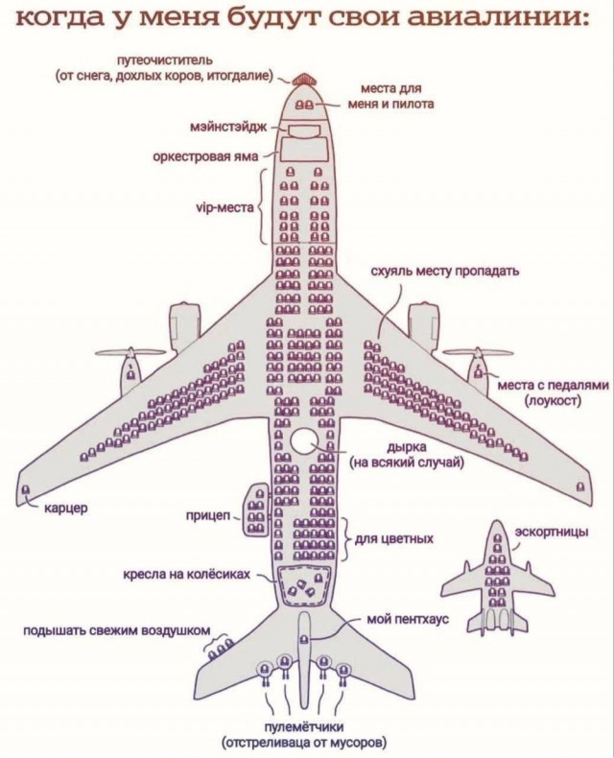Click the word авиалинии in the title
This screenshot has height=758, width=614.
coord(499,18)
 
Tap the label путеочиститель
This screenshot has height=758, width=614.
coord(165,59)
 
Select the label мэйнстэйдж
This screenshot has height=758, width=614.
coord(228,128)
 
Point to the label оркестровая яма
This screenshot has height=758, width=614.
coord(205,156)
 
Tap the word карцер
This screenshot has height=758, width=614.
coord(66,509)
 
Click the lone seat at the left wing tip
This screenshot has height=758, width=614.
coord(26,489)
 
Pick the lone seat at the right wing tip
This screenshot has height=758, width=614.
coord(580,486)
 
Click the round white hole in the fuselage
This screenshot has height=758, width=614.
coord(303,440)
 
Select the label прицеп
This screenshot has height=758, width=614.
coord(209,516)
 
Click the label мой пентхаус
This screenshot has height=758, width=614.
coord(408,619)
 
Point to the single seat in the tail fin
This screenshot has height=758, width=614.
coord(303,640)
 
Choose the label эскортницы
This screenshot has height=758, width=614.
coord(552,533)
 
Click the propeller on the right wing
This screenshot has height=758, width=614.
coord(478,354)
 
